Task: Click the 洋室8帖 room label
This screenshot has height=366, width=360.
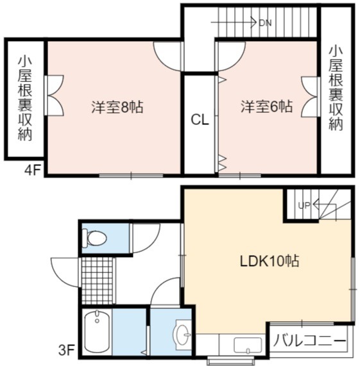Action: click(117, 107)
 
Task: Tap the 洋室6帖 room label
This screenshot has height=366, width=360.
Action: click(266, 106)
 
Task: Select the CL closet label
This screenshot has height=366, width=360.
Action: click(200, 121)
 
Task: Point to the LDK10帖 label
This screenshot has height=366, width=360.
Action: click(270, 261)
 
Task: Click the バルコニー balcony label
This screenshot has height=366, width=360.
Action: click(309, 341)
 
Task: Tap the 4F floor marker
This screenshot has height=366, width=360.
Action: click(33, 171)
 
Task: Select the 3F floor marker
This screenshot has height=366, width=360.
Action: click(66, 350)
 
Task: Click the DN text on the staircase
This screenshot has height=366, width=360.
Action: click(265, 23)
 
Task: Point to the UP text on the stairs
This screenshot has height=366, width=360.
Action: click(304, 205)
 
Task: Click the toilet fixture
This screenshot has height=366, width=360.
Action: click(94, 238)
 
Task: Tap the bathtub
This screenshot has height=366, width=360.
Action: click(96, 331)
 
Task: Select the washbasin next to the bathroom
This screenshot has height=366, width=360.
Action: click(183, 335)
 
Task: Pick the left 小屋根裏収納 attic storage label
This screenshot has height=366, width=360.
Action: click(25, 98)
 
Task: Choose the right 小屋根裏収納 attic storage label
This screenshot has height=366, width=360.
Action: click(336, 88)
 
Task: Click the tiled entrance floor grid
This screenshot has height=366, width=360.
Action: click(97, 281)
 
